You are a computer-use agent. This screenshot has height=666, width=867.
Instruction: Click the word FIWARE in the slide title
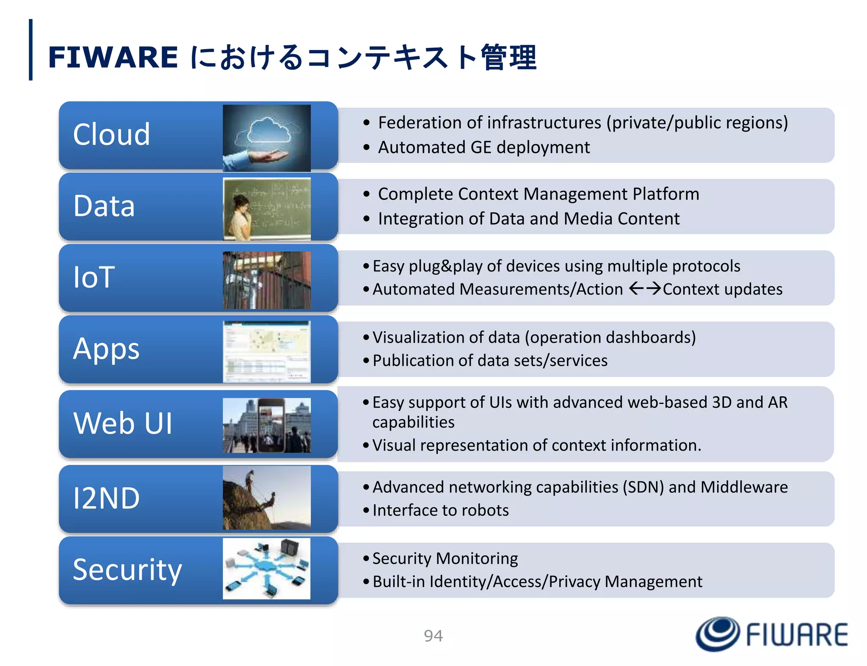[113, 57]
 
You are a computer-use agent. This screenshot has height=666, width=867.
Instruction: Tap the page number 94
[433, 636]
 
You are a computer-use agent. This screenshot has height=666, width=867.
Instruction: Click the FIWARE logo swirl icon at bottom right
[718, 633]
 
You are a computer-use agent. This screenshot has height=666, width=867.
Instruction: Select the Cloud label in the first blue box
[111, 134]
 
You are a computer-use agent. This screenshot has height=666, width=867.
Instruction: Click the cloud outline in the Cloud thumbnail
[269, 130]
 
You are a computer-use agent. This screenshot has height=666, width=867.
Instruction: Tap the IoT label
[94, 277]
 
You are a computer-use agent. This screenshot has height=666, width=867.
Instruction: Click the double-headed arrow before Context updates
[645, 289]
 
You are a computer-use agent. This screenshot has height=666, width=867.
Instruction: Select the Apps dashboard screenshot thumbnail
[267, 351]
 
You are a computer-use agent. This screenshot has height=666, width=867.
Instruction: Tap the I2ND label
[106, 498]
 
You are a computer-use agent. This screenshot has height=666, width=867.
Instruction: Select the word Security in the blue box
[127, 569]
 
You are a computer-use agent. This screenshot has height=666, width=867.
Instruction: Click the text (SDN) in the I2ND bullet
[643, 487]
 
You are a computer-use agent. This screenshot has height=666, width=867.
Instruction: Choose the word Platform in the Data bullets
[665, 194]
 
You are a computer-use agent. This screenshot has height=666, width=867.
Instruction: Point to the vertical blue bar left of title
[30, 50]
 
